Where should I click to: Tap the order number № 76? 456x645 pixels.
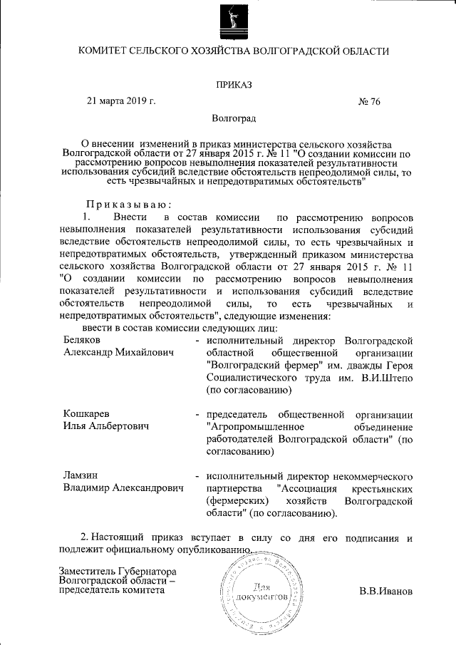point(369,101)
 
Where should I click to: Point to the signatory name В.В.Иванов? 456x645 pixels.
point(385,592)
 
